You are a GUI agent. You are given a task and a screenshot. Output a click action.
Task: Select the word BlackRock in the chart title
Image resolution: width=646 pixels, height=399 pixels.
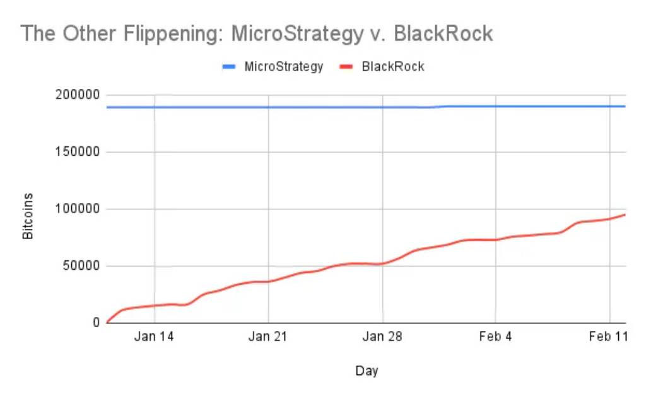(x=443, y=33)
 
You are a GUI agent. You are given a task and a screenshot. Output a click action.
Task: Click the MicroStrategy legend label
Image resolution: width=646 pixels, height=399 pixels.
(x=283, y=66)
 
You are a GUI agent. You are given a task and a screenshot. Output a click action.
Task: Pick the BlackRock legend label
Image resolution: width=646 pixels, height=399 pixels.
(x=392, y=66)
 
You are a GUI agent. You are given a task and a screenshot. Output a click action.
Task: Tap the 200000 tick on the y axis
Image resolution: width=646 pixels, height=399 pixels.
(x=78, y=95)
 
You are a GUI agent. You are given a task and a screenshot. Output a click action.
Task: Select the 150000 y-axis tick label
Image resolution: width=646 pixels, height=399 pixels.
(x=78, y=152)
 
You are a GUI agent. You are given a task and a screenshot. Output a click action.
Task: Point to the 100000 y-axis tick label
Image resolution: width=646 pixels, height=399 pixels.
(x=78, y=209)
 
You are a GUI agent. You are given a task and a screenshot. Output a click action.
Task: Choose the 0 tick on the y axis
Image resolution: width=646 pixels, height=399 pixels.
(x=97, y=323)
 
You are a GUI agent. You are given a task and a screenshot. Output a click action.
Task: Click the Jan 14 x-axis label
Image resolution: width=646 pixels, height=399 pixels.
(x=155, y=337)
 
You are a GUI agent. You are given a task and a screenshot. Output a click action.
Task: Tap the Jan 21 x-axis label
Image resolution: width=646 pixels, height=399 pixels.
(x=268, y=337)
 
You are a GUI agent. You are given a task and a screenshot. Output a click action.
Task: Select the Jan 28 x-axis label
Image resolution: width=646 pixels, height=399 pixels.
(x=382, y=337)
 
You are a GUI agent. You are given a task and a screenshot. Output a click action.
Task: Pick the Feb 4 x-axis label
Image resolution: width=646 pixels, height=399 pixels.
(x=495, y=337)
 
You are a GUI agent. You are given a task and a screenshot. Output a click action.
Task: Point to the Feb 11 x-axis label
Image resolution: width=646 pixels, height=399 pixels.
(x=609, y=337)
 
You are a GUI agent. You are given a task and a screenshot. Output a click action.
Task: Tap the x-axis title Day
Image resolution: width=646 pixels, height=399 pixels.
(x=366, y=371)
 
